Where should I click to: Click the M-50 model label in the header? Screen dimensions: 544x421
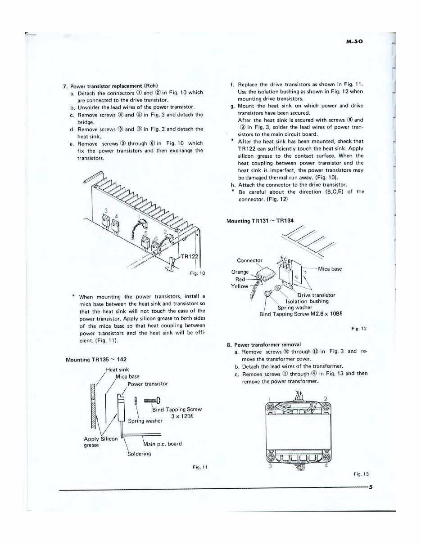click(x=355, y=40)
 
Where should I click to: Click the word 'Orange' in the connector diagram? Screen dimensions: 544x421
click(x=240, y=272)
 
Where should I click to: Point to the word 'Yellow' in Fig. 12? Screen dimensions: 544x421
click(x=239, y=286)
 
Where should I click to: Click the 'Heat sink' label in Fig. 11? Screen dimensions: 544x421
click(x=117, y=370)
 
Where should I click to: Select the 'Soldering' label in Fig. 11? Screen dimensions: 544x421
click(x=139, y=454)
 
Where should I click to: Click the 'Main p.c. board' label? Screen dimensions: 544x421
click(x=162, y=444)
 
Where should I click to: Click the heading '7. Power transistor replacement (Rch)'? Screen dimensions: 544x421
click(x=113, y=86)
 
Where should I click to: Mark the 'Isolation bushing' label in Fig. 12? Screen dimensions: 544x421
click(x=307, y=301)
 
